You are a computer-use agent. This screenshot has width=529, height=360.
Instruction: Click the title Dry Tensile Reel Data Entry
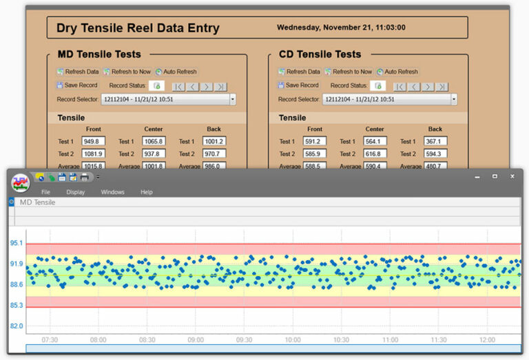tap(138, 28)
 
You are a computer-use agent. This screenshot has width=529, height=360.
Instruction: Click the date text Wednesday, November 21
tap(341, 28)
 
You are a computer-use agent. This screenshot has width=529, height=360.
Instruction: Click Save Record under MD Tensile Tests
tap(81, 85)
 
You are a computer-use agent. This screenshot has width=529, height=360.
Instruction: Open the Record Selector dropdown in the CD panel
tap(454, 99)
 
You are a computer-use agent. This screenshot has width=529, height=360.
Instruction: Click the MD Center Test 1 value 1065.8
tap(154, 141)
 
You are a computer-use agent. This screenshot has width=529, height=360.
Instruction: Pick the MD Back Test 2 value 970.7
tap(214, 153)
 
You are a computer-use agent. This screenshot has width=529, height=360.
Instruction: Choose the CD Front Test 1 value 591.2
tap(314, 141)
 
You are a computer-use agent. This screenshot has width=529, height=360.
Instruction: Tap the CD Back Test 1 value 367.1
tap(435, 141)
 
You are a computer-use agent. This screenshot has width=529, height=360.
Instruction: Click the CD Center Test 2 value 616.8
tap(375, 153)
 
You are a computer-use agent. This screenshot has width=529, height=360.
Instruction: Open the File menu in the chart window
tap(45, 192)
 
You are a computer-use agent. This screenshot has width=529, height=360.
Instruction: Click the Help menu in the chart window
tap(146, 192)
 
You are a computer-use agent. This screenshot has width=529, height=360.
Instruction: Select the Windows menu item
tap(113, 192)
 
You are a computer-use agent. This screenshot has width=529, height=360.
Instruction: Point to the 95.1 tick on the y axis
tap(17, 243)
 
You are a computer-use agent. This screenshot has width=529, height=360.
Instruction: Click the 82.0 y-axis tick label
tap(17, 326)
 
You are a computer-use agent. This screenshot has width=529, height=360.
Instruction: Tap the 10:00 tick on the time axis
tap(293, 340)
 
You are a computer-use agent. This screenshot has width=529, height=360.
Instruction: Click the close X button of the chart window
tap(512, 177)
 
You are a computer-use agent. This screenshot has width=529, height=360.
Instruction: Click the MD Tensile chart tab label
tap(38, 202)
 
